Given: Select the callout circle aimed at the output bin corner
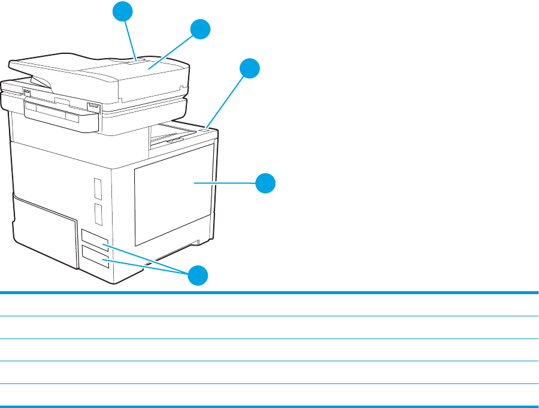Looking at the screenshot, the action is (x=250, y=68).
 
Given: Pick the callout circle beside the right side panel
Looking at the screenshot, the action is (x=266, y=183).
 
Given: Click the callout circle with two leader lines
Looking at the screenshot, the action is (x=198, y=276).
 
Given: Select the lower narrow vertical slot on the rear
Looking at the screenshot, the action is (x=98, y=213).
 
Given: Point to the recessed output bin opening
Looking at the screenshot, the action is (x=174, y=134).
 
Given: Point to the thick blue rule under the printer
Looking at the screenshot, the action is (x=269, y=292).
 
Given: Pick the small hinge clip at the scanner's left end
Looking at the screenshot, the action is (x=26, y=92).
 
